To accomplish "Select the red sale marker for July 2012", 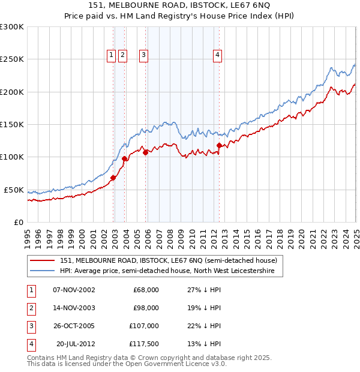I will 219,145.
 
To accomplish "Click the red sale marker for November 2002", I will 113,178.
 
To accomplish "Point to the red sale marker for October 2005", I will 146,152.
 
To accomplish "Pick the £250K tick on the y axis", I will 12,59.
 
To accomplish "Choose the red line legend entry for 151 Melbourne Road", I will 168,260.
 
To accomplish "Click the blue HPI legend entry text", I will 167,271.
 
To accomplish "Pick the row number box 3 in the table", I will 31,326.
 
